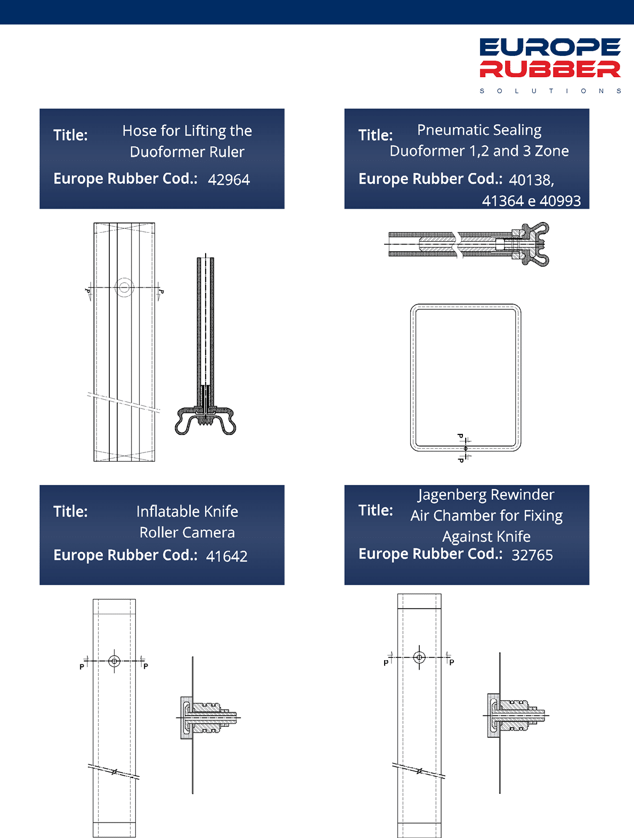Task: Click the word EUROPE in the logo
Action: pyautogui.click(x=550, y=47)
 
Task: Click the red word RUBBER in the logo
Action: pyautogui.click(x=550, y=69)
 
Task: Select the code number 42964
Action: pyautogui.click(x=229, y=179)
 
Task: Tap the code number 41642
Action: pyautogui.click(x=227, y=556)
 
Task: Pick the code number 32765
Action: pyautogui.click(x=532, y=555)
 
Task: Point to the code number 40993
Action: pyautogui.click(x=560, y=201)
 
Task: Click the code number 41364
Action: pyautogui.click(x=502, y=201)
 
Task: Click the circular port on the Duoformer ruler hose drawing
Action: pyautogui.click(x=124, y=287)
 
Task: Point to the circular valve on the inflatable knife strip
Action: pyautogui.click(x=114, y=661)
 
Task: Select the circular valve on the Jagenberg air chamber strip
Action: pyautogui.click(x=419, y=657)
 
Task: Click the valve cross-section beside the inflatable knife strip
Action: pyautogui.click(x=208, y=718)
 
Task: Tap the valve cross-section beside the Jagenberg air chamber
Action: pyautogui.click(x=516, y=715)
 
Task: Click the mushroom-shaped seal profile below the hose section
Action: pyautogui.click(x=206, y=421)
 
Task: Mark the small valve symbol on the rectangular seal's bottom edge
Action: pyautogui.click(x=466, y=448)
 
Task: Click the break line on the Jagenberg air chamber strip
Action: pyautogui.click(x=419, y=770)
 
